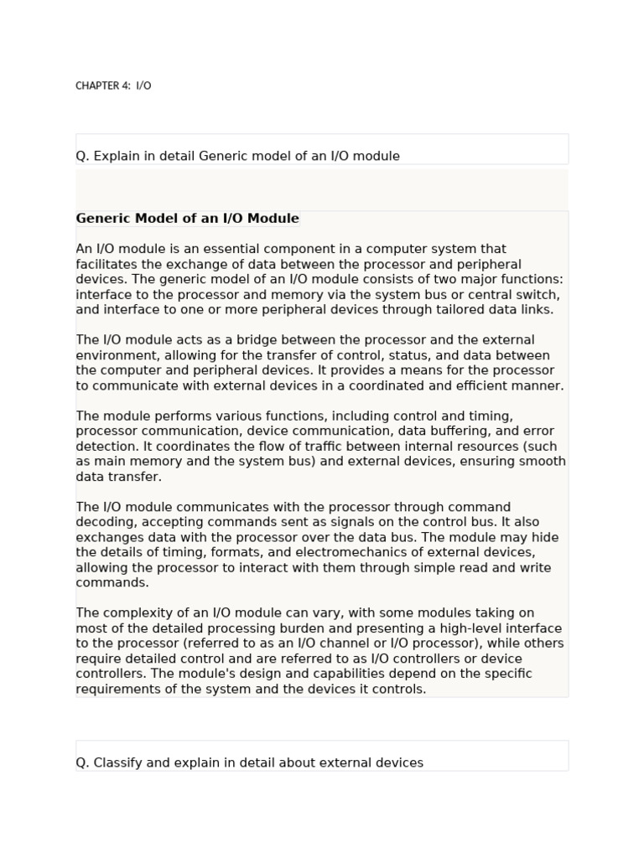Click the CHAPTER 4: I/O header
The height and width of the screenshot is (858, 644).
113,85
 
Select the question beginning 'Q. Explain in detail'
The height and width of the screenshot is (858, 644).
237,156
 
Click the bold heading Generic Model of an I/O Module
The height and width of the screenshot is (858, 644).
187,219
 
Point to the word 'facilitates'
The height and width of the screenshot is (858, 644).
108,264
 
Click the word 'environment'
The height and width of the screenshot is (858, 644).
116,355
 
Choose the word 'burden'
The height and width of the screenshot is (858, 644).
304,628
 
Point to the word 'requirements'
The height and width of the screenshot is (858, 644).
116,689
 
